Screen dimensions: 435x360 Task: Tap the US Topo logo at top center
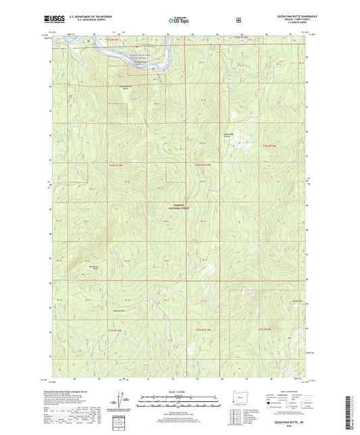(179, 20)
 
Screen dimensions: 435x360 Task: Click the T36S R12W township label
(269, 145)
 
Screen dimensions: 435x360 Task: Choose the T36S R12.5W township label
(204, 165)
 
